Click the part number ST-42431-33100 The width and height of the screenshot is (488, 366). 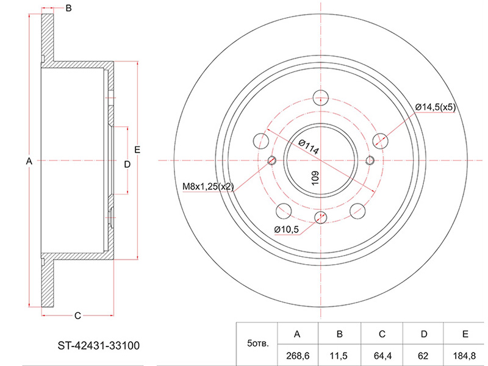tap(99, 345)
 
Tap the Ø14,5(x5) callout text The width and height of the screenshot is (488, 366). tap(436, 107)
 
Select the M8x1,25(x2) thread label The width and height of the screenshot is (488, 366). tap(208, 187)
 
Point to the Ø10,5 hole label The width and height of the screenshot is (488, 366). tap(286, 230)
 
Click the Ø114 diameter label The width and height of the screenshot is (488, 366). tap(309, 147)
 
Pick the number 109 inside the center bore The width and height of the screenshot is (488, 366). tap(315, 178)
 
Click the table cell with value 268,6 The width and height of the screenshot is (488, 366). tap(298, 356)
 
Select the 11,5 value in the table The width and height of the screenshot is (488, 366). tap(339, 356)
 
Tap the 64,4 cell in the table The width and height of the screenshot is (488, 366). tap(382, 356)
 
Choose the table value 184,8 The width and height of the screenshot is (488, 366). tap(465, 356)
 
